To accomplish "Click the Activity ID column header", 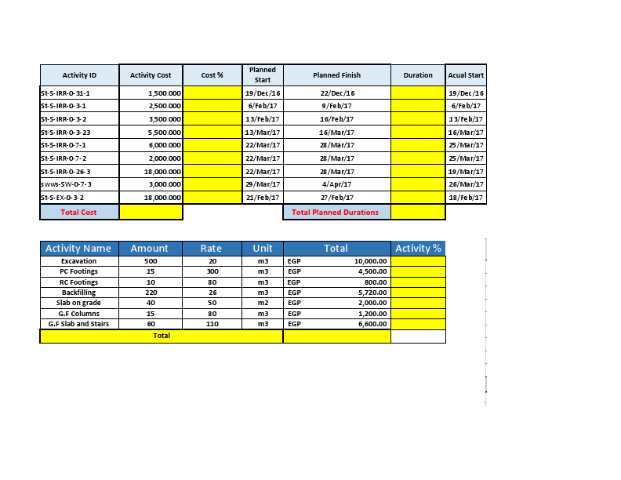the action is pos(79,75).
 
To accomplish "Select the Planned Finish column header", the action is pos(336,75).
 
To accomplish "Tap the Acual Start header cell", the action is pos(466,75).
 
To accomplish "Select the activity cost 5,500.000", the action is pos(165,133).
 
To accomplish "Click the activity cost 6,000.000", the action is pos(165,145).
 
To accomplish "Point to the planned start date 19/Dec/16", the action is pos(263,93).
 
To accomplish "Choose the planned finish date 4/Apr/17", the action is pos(336,184).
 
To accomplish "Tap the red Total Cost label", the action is pos(78,212).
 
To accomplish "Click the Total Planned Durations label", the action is pos(335,212).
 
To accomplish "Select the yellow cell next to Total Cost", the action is pos(151,212).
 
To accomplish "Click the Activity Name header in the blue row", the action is pos(78,249).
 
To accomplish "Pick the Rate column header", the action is pos(212,249).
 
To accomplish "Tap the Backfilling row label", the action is pos(78,292).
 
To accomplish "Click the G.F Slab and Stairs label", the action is pos(78,323).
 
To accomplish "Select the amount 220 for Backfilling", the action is pos(151,292).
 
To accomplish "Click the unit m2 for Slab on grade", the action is pos(263,302).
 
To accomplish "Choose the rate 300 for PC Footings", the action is pos(212,271).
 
